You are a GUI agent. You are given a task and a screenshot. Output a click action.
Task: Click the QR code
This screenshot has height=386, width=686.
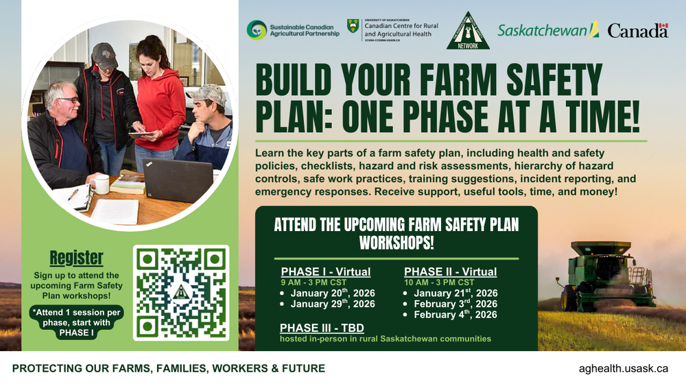[182, 293]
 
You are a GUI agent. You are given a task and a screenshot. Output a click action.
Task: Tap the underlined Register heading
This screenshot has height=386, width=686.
[76, 258]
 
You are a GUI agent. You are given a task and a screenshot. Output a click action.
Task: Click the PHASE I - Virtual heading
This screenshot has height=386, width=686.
[326, 272]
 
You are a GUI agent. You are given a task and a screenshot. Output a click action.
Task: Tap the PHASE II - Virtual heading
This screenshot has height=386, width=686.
[451, 272]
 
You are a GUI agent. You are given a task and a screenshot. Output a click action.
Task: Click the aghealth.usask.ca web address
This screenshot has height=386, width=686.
[624, 368]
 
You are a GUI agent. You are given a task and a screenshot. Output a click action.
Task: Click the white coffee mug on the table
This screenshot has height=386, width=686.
[101, 184]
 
